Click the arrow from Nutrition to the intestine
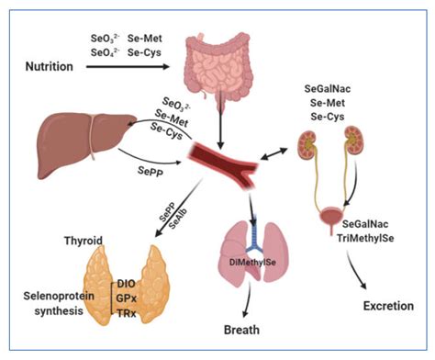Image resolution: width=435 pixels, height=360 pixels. (125, 67)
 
